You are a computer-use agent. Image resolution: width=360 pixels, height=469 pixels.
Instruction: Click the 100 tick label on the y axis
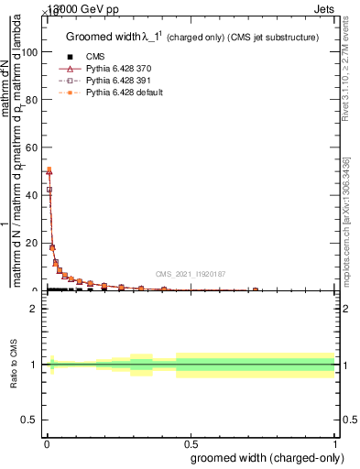29,52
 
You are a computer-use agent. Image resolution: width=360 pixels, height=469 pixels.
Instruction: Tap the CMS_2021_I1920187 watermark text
191,274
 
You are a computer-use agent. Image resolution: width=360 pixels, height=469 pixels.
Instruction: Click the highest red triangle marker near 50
49,170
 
